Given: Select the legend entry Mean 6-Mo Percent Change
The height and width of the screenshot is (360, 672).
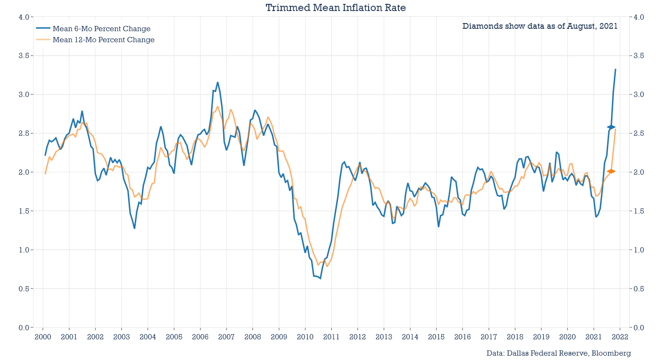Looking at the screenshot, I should pyautogui.click(x=101, y=29).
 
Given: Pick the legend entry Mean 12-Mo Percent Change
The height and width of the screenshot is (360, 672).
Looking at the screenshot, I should pyautogui.click(x=103, y=40).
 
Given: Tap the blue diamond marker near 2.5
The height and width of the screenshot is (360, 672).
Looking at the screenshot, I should pyautogui.click(x=611, y=127).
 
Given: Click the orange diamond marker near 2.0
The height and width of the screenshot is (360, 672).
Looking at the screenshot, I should pyautogui.click(x=611, y=171).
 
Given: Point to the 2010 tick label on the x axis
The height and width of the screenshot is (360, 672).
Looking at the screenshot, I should pyautogui.click(x=305, y=337).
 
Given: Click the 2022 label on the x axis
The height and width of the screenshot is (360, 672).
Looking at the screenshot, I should pyautogui.click(x=620, y=337).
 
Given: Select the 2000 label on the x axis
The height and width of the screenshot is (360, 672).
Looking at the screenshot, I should pyautogui.click(x=43, y=337).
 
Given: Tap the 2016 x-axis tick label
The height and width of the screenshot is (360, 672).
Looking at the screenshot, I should pyautogui.click(x=462, y=337).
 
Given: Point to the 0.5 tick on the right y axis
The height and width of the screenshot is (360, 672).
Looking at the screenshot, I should pyautogui.click(x=639, y=289).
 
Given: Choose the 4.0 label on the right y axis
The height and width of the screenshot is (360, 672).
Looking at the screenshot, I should pyautogui.click(x=639, y=17).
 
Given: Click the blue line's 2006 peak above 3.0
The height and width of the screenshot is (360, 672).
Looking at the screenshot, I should pyautogui.click(x=217, y=82).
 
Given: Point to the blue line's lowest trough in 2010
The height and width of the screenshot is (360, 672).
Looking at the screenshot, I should pyautogui.click(x=320, y=278).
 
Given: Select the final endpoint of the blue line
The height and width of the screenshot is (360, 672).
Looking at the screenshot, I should pyautogui.click(x=615, y=70).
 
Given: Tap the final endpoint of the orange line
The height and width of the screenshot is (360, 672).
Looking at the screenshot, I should pyautogui.click(x=615, y=129).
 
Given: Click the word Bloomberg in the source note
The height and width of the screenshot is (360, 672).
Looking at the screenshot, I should pyautogui.click(x=610, y=353).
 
